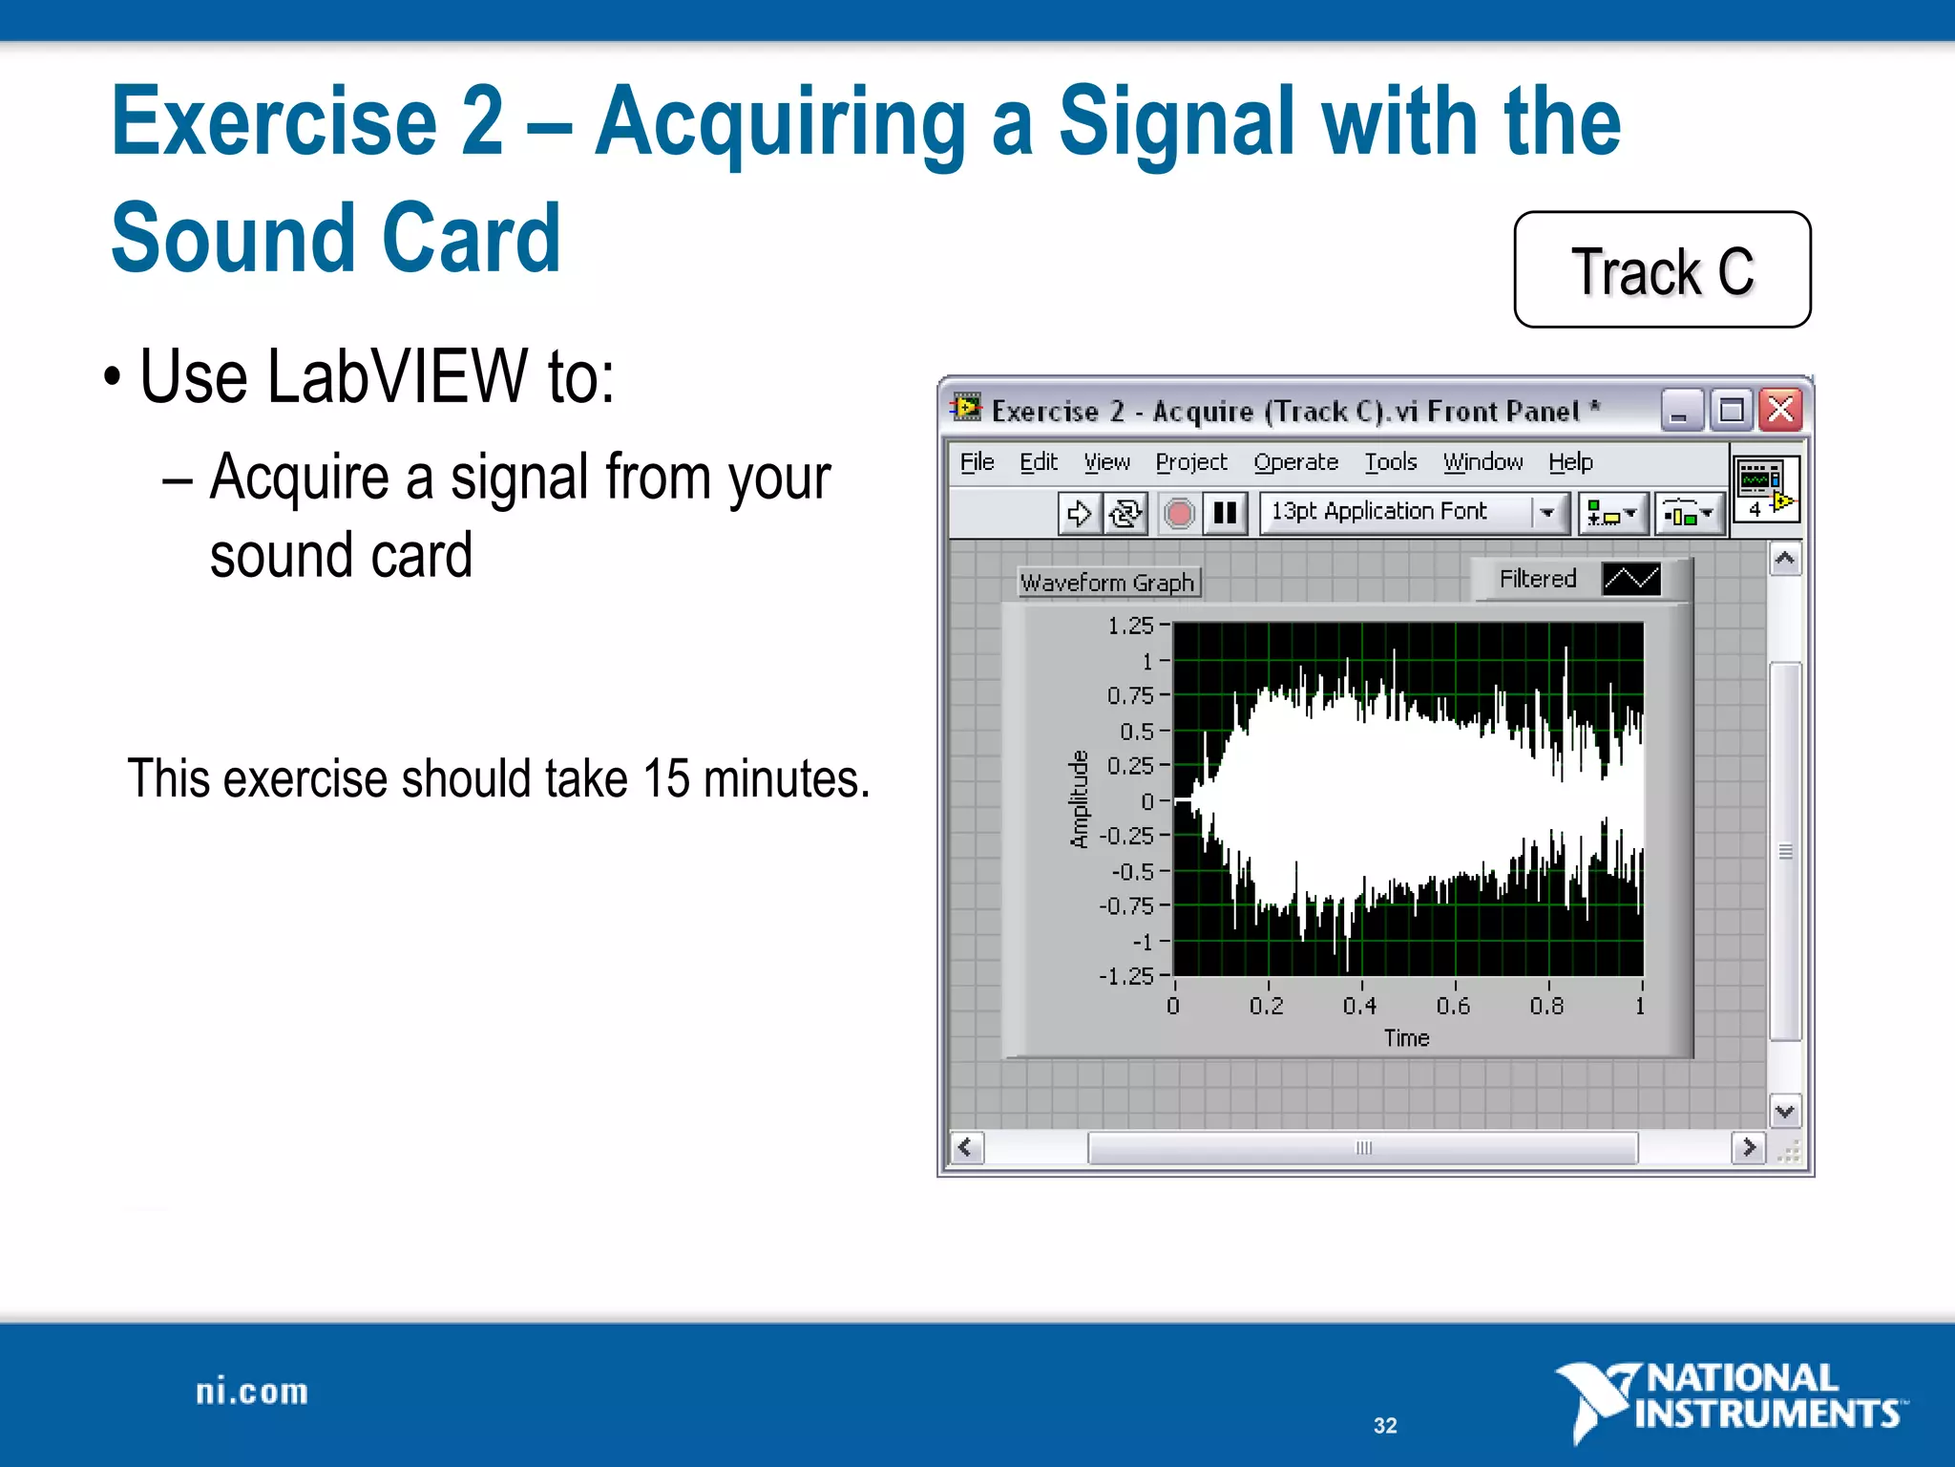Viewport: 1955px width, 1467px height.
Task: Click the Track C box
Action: (1662, 271)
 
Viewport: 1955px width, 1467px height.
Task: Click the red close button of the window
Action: (1780, 411)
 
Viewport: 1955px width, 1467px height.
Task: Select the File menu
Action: (977, 462)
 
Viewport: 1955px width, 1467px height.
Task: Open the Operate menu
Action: (1295, 462)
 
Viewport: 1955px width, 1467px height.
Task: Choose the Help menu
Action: (1570, 462)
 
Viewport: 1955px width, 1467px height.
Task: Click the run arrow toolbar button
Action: (1079, 514)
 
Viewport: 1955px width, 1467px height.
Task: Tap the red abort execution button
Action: (1179, 514)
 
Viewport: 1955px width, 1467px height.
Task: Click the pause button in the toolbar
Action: (1225, 514)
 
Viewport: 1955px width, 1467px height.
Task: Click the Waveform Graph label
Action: (1107, 583)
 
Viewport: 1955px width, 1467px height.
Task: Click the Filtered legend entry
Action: (1537, 579)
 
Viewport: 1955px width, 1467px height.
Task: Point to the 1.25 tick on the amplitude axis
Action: (1131, 627)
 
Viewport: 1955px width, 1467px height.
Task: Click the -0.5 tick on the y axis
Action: (1133, 871)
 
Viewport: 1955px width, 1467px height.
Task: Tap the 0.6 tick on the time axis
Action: (1453, 1006)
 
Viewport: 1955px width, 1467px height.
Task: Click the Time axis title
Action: (1407, 1038)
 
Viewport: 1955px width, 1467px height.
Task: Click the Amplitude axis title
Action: (1080, 799)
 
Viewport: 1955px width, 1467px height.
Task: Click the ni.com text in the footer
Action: (252, 1392)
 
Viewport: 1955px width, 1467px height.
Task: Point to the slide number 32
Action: (1385, 1426)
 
